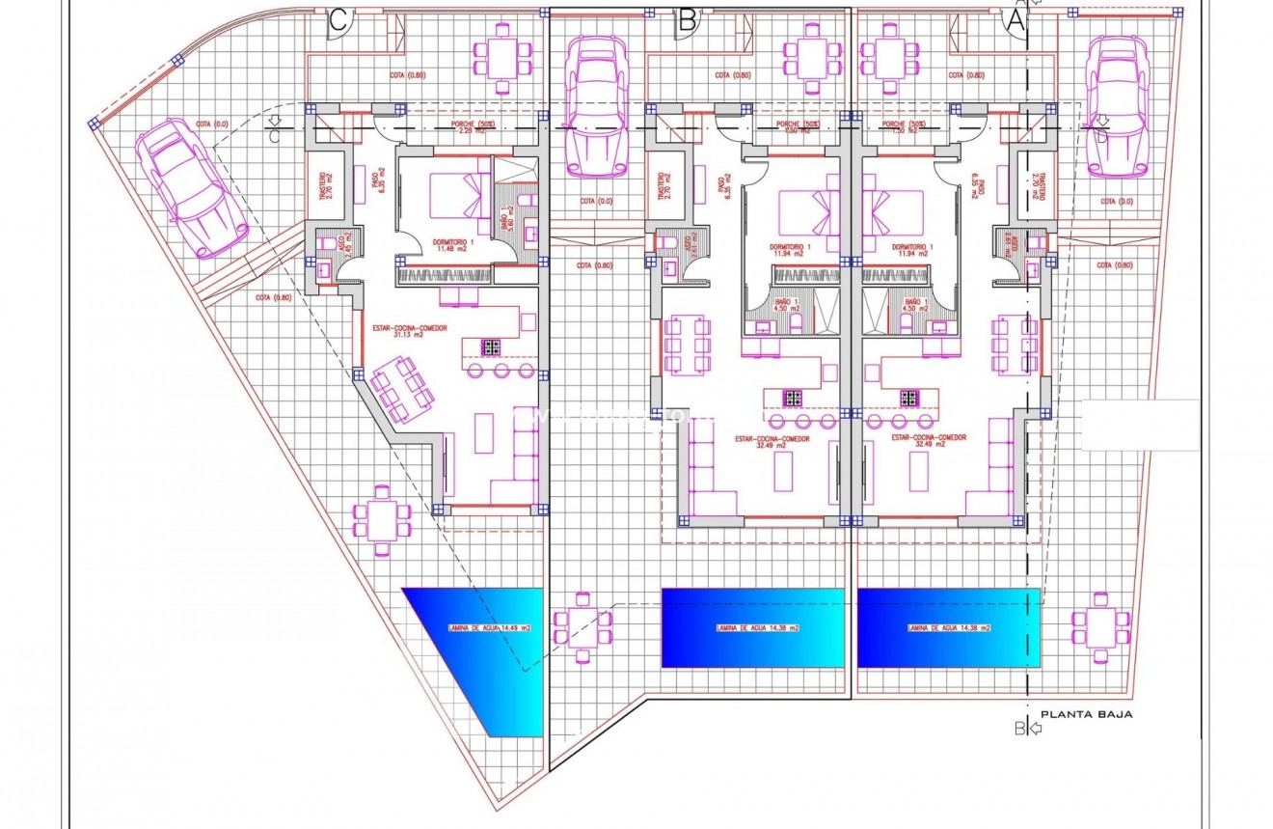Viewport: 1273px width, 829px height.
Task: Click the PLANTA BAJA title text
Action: pyautogui.click(x=1086, y=714)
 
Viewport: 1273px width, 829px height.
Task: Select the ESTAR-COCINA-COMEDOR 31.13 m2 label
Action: pyautogui.click(x=410, y=333)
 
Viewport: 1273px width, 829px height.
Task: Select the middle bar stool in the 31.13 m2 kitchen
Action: pyautogui.click(x=501, y=371)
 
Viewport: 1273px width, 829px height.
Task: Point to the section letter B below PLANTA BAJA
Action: pyautogui.click(x=1019, y=729)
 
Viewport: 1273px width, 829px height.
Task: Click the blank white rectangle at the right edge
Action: pyautogui.click(x=1140, y=425)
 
